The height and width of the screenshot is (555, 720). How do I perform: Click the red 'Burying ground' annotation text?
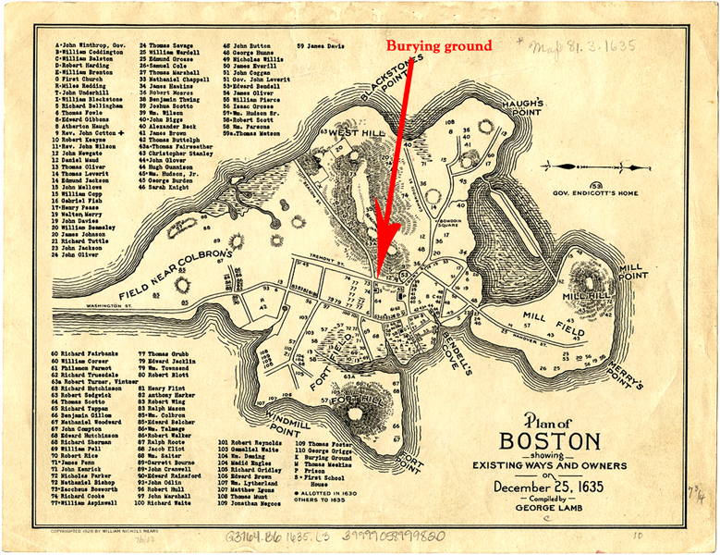438,44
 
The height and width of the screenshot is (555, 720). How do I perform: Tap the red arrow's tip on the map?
379,263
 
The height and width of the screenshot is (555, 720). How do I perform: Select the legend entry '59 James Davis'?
319,44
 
